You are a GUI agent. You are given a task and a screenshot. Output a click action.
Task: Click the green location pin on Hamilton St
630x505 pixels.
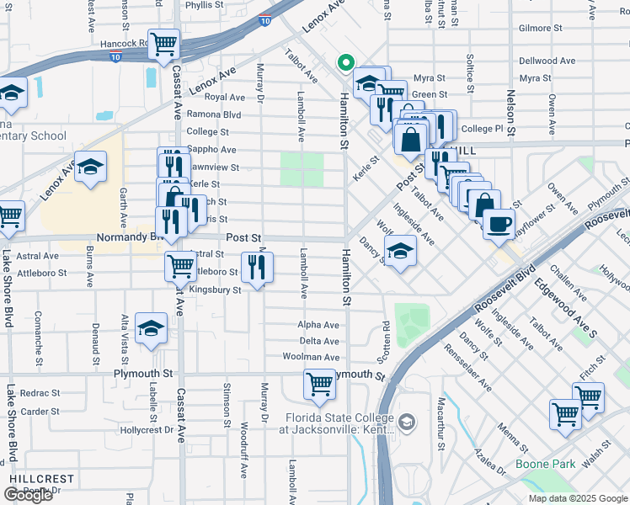[344, 63]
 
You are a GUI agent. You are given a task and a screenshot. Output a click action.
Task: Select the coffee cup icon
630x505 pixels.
[499, 225]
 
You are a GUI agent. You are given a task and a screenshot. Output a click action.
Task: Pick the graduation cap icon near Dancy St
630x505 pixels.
[400, 251]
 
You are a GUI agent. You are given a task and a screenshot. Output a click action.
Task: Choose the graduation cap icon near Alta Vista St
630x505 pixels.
[151, 328]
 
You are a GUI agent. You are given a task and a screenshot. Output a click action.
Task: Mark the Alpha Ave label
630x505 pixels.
[318, 325]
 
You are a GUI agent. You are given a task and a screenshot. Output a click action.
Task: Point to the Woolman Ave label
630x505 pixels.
[311, 358]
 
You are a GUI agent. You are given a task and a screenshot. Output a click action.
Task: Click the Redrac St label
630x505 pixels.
[40, 393]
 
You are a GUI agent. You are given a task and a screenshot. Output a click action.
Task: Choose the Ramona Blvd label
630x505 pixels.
[214, 114]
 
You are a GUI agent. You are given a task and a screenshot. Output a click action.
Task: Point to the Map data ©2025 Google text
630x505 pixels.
[577, 498]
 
